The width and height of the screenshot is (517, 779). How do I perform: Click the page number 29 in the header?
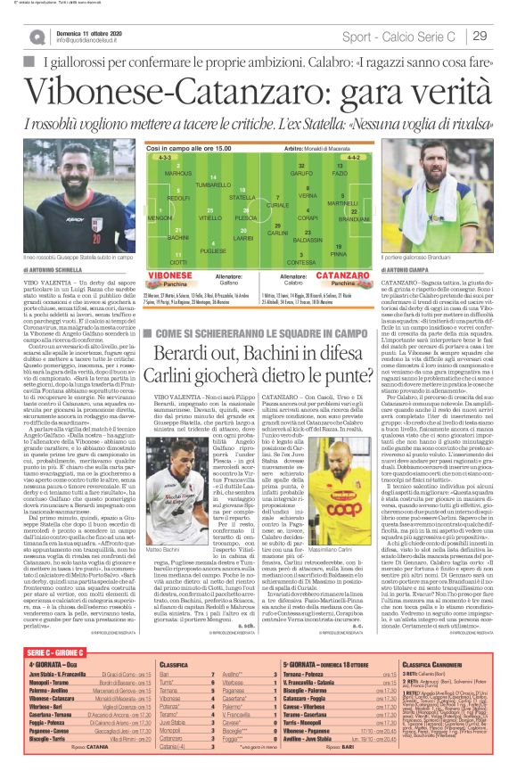click(x=480, y=36)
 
